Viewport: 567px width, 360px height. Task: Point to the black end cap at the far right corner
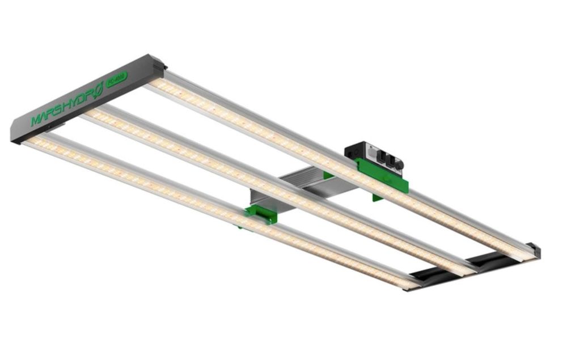533,250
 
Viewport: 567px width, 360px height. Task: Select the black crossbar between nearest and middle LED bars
434,276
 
